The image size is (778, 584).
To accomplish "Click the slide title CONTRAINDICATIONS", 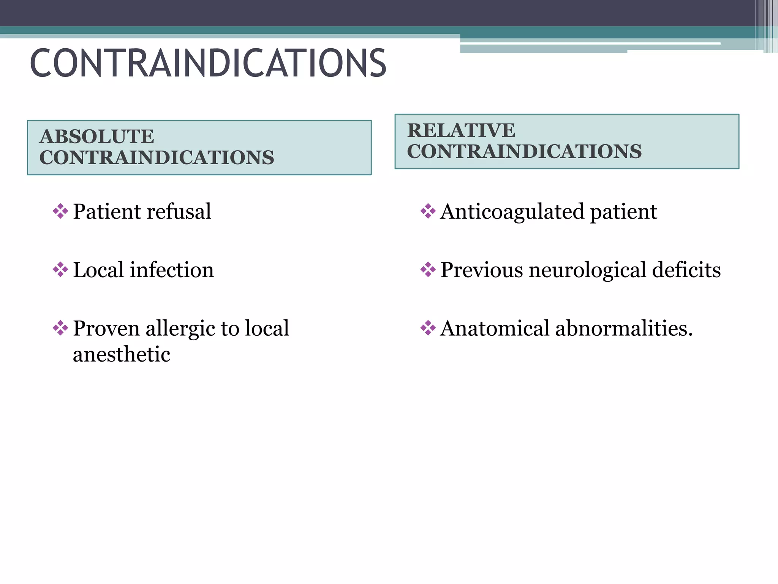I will pos(208,63).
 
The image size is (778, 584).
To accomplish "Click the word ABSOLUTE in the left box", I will pos(97,136).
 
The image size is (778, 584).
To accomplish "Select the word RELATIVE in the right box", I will pos(461,130).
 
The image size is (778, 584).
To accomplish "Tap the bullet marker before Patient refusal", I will pos(60,211).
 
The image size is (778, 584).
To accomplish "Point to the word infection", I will pos(172,270).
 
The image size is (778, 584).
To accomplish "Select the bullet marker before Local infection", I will pos(60,270).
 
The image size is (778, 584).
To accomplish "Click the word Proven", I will pos(106,328).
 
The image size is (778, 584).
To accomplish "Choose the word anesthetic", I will pos(122,354).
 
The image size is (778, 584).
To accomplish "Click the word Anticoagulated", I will pos(512,212).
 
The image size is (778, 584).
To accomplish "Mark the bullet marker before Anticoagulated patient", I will pos(428,211).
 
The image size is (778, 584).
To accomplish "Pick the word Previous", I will pos(481,270).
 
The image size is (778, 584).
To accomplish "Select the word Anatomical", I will pos(495,328).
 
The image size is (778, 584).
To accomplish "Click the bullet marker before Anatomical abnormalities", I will pos(428,328).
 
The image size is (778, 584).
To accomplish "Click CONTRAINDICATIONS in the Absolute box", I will pos(157,158).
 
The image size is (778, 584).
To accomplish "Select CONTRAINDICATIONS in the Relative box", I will pos(524,151).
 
